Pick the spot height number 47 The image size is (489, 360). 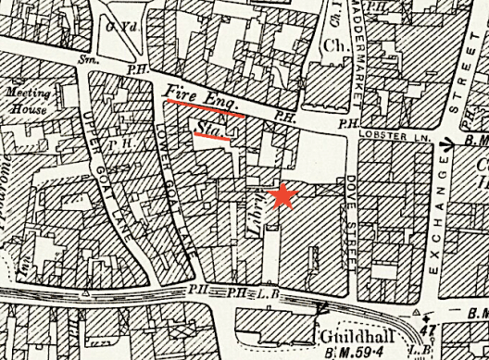[427, 329]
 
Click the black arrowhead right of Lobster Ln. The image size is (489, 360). [447, 143]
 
